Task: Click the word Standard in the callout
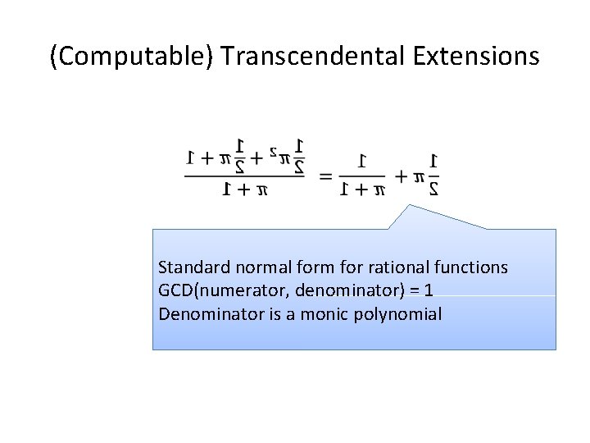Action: (x=189, y=267)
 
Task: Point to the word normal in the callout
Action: (x=252, y=267)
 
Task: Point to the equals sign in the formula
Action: (x=325, y=176)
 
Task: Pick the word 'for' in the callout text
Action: (x=331, y=267)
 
